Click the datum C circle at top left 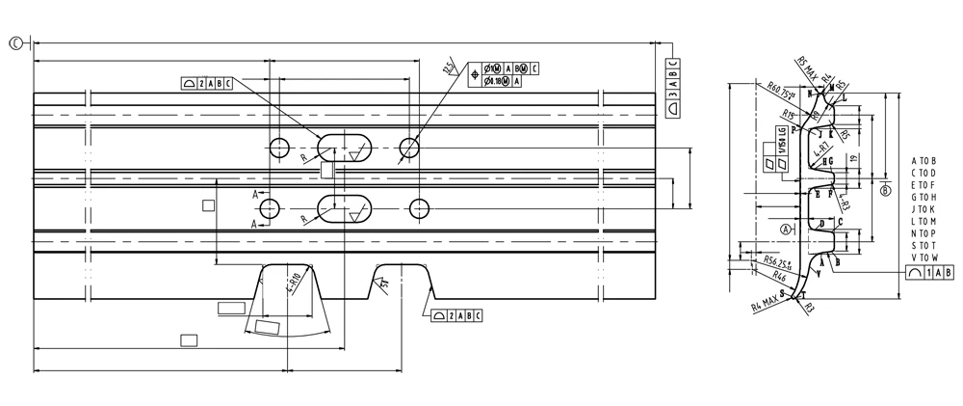point(16,42)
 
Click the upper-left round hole point(280,149)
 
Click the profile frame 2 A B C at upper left point(206,83)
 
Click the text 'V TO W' point(923,257)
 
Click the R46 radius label point(768,277)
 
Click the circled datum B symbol point(883,190)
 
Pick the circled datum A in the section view point(787,229)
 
